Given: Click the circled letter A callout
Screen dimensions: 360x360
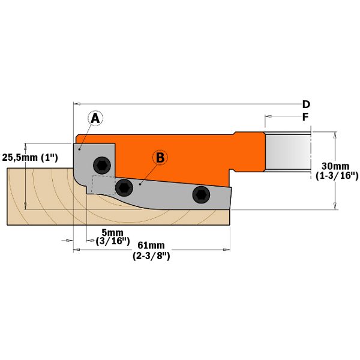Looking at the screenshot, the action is pos(95,118).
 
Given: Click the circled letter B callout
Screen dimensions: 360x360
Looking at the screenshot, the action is pos(160,158).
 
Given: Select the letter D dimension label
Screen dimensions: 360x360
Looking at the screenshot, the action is pos(306,104).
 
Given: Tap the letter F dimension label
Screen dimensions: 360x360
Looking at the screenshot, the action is pos(305,117).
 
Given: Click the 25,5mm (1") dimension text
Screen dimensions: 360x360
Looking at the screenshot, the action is pos(30,158).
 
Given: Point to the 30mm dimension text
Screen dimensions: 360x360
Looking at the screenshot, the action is pos(335,166).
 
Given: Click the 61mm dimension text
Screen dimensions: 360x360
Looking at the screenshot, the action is pos(151,245).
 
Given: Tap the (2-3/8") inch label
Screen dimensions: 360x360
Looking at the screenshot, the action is pos(151,256).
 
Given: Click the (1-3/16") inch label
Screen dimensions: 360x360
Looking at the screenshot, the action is pos(337,176).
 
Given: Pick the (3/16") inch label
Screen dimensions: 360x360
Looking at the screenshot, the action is pos(113,242).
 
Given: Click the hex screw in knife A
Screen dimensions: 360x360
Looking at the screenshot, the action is pos(102,166).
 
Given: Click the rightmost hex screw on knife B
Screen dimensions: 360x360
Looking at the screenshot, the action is pos(201,194).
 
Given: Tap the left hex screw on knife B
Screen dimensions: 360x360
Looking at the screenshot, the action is pos(124,188).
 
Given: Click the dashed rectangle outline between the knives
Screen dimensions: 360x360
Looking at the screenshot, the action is pos(103,185).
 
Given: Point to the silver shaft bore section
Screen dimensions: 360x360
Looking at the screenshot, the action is pos(287,152).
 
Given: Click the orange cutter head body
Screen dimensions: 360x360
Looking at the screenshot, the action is pos(175,156).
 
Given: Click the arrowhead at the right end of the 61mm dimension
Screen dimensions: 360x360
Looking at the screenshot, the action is pos(227,250).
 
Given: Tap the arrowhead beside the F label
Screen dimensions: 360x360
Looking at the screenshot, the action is pos(268,116).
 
